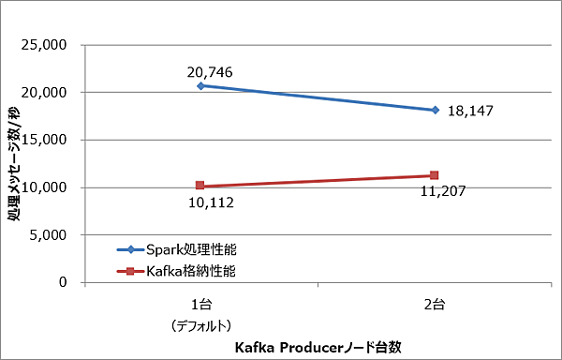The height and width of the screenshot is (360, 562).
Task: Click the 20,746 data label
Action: tap(209, 72)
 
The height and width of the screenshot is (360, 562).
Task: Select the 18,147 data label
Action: tap(470, 111)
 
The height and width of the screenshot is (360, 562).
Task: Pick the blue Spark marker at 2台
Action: tap(435, 110)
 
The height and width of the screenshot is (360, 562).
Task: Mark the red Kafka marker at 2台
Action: tap(435, 175)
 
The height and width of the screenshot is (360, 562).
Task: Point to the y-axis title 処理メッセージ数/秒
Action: tap(14, 164)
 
